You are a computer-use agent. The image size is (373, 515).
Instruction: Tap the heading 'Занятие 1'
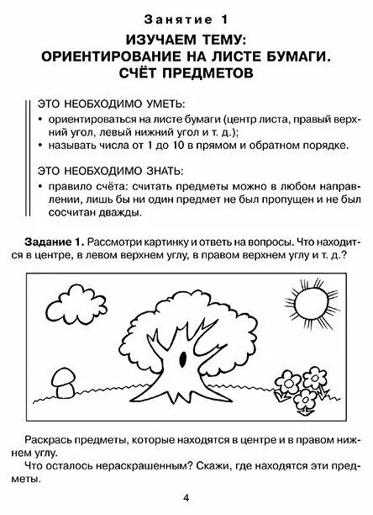tap(186, 18)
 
